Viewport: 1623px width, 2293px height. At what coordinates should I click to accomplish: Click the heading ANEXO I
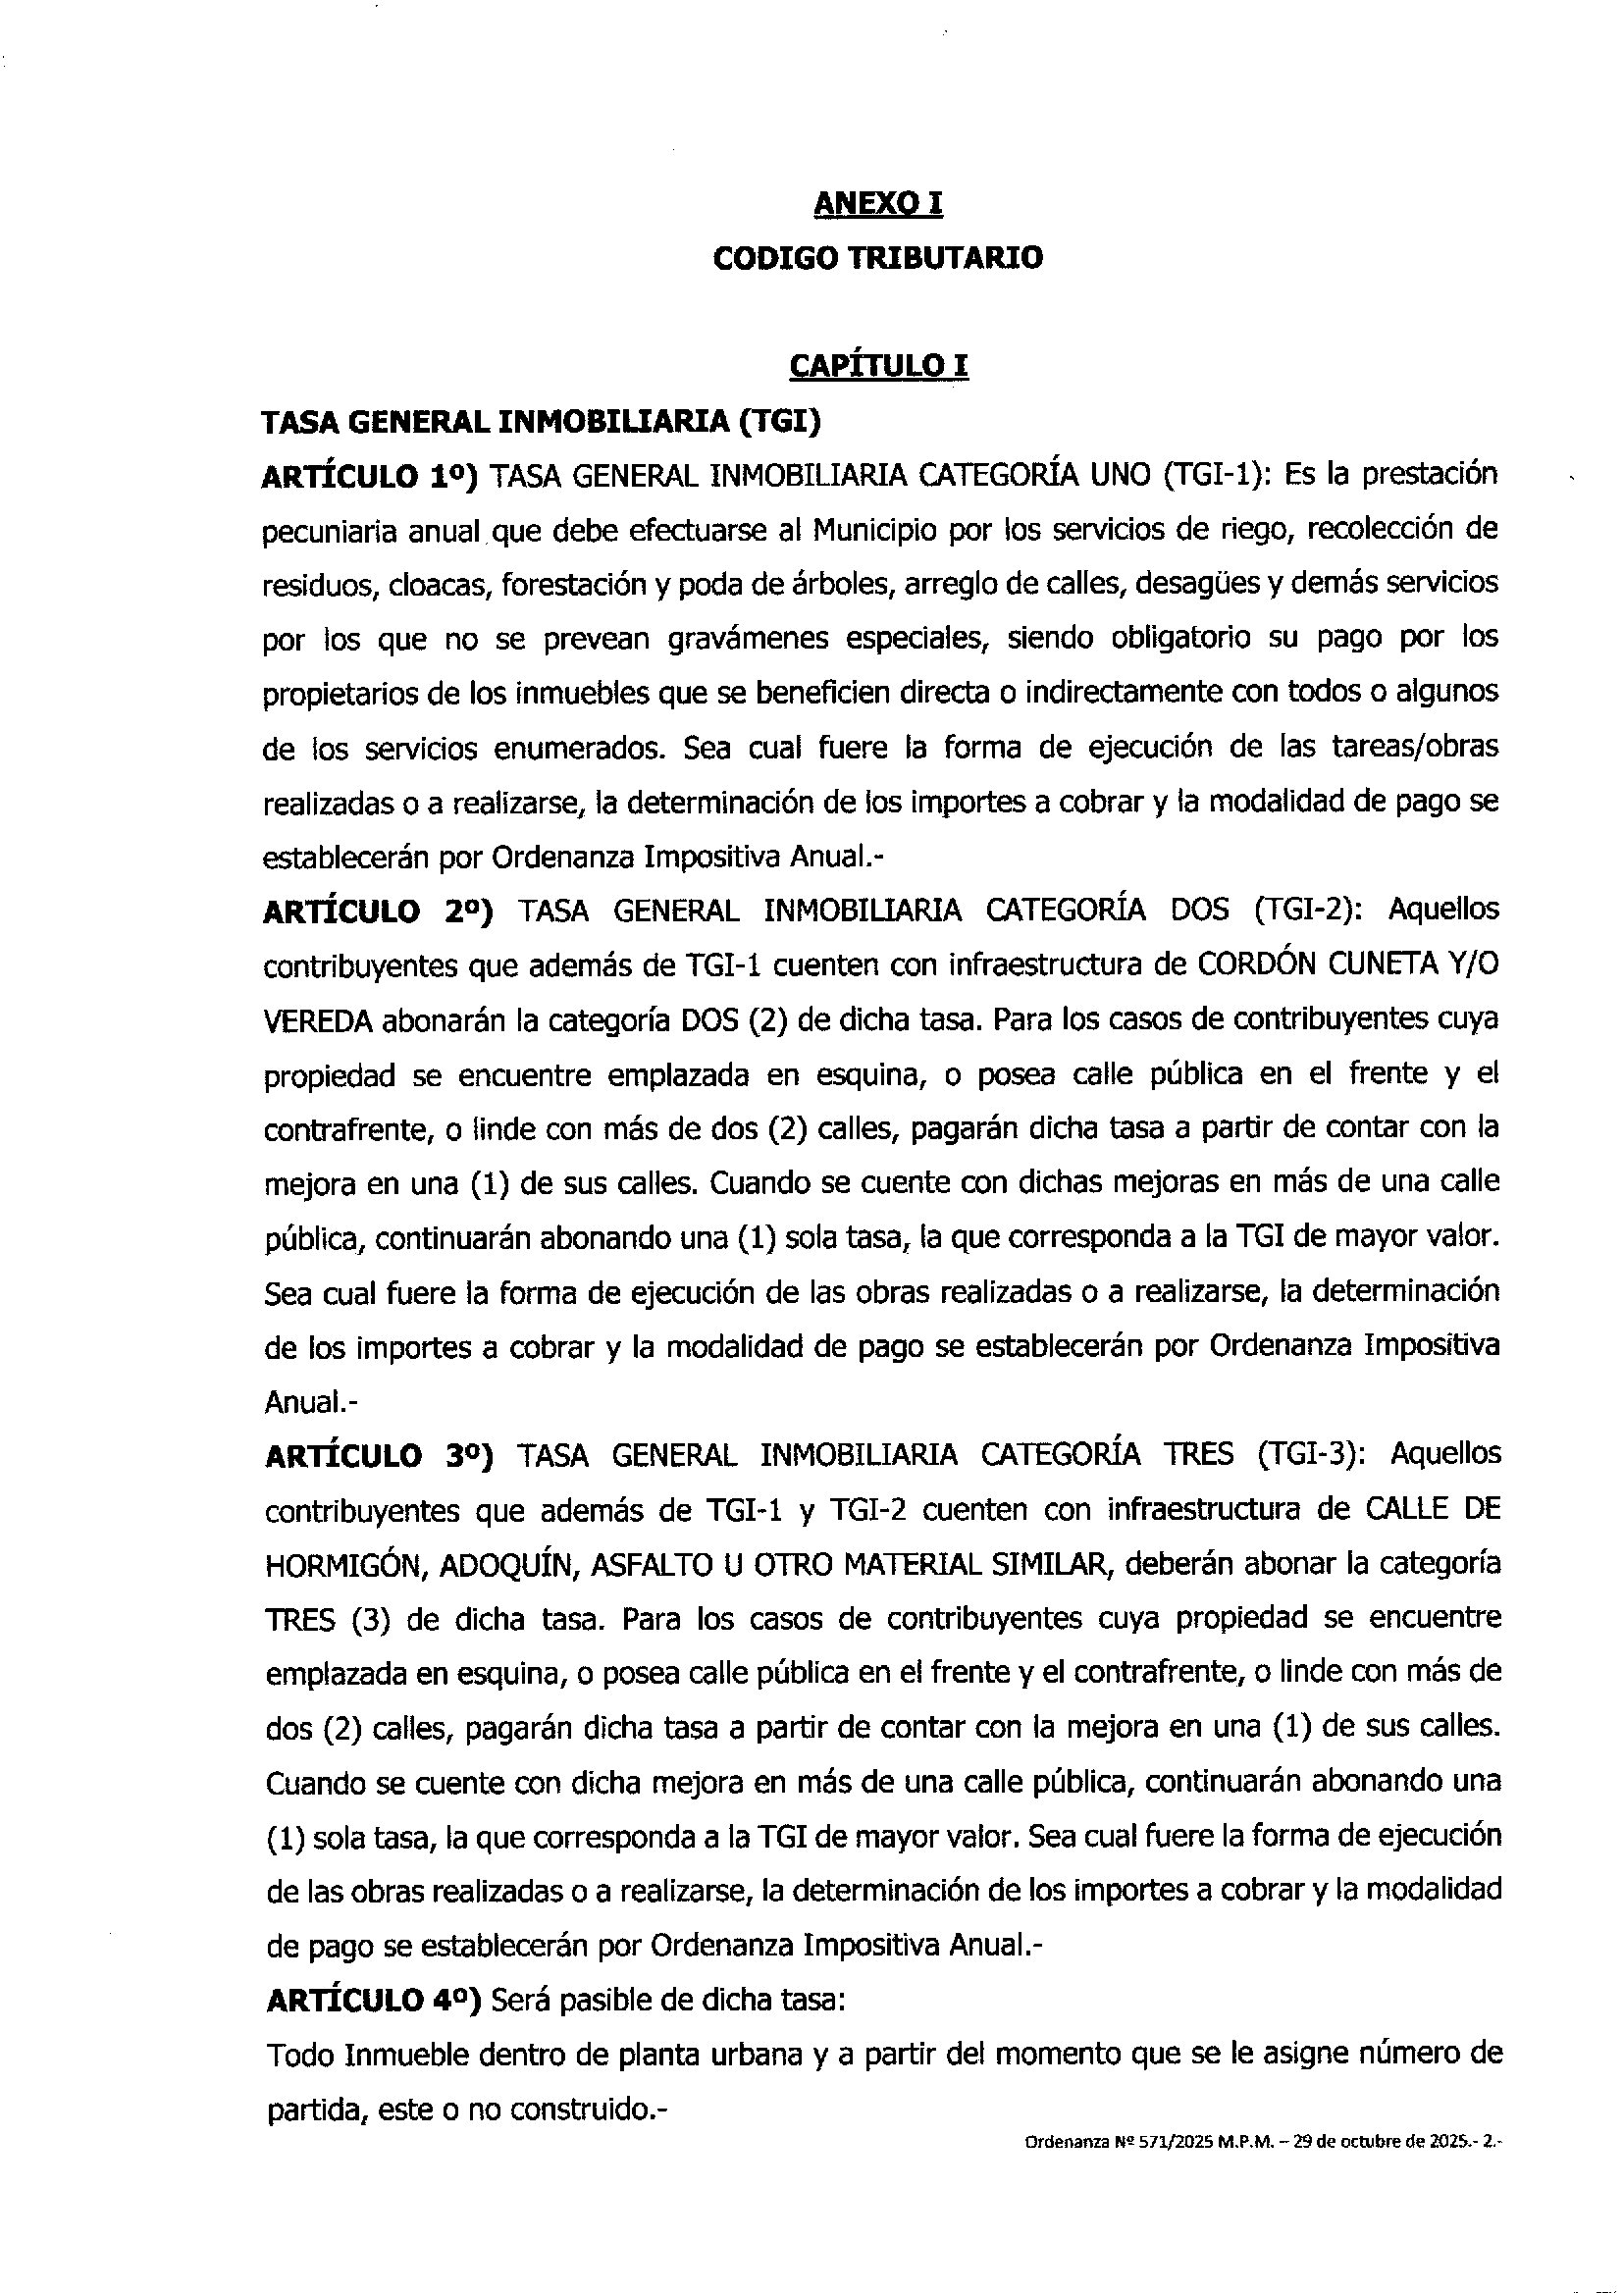point(878,204)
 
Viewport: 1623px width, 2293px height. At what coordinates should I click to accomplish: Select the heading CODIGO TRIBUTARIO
point(878,258)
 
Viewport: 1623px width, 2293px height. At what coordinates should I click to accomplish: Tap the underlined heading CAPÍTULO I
point(878,367)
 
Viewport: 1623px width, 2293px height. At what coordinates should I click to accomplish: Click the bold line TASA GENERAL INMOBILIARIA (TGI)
point(541,423)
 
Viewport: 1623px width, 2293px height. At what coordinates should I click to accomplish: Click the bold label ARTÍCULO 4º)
point(374,2001)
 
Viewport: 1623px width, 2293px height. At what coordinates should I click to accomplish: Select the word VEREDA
point(318,1021)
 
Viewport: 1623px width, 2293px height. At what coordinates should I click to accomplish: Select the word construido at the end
point(579,2110)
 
